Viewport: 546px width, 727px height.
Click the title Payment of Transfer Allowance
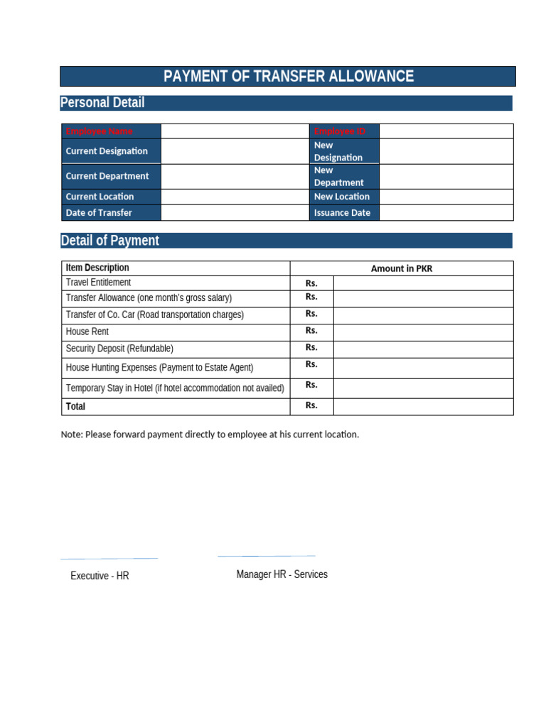tap(288, 77)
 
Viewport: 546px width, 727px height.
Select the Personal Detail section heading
tap(102, 103)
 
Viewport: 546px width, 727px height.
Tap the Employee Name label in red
tap(99, 131)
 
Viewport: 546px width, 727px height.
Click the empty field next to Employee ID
tap(446, 131)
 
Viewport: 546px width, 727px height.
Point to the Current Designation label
tap(107, 151)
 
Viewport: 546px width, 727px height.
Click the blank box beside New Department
tap(446, 176)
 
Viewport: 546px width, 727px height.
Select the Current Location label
tap(100, 197)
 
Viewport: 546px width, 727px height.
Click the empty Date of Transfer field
tap(235, 212)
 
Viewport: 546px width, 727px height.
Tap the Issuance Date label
tap(342, 213)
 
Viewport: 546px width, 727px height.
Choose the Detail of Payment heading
tap(110, 241)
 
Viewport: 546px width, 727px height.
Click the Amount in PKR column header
tap(401, 268)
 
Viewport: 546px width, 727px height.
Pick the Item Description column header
tap(97, 268)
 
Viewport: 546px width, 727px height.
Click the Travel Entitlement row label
tap(98, 283)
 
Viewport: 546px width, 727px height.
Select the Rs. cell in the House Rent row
tap(311, 331)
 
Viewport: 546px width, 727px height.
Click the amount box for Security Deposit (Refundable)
tap(423, 348)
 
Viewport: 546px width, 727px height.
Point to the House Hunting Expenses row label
tap(159, 368)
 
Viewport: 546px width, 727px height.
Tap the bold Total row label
tap(75, 407)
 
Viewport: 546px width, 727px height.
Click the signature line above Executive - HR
tap(109, 559)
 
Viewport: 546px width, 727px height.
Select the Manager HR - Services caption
tap(282, 574)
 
